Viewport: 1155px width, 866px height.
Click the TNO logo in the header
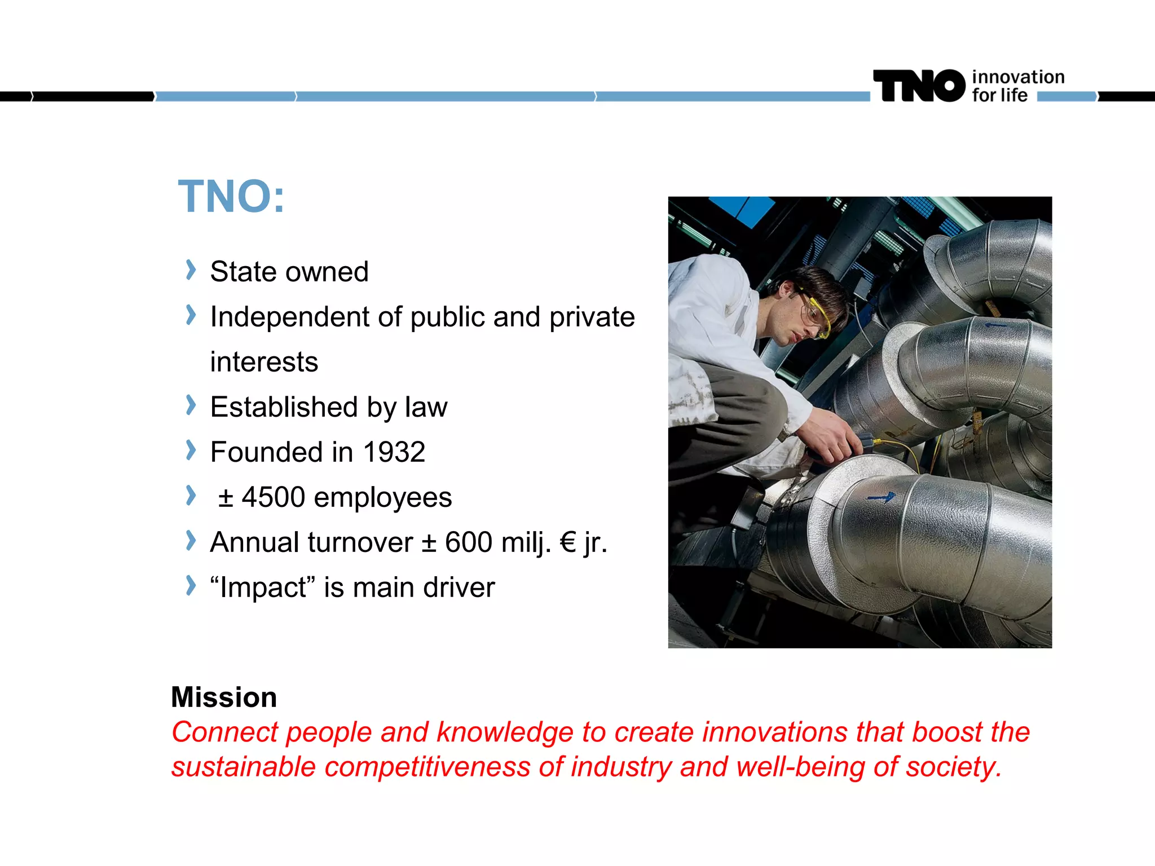[919, 86]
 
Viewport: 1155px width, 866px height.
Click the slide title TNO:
[231, 196]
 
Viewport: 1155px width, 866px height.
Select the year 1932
[394, 452]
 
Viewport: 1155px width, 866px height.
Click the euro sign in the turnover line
[568, 542]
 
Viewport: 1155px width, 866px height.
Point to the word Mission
[224, 697]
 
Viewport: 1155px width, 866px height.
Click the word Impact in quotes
[263, 587]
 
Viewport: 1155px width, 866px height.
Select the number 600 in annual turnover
[469, 542]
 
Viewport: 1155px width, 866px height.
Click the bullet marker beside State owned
[191, 270]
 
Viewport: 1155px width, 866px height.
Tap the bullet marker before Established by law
[191, 405]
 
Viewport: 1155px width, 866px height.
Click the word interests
[264, 362]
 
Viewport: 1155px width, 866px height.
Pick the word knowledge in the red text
[505, 732]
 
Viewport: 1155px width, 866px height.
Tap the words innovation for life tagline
[1017, 86]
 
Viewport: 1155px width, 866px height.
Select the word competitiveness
[427, 767]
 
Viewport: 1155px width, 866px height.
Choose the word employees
[383, 497]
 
